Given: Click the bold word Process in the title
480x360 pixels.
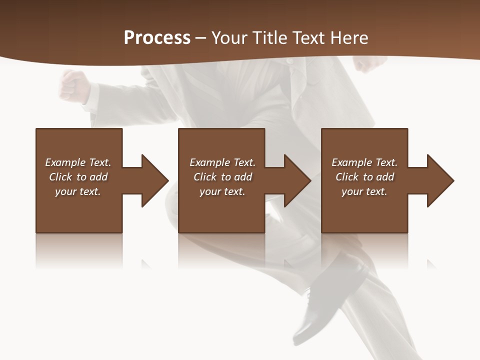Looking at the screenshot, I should click(x=157, y=38).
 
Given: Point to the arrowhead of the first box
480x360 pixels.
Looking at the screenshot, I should click(x=155, y=180).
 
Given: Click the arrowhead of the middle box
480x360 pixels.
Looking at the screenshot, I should click(x=298, y=180).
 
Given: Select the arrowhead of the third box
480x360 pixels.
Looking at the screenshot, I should click(x=440, y=180).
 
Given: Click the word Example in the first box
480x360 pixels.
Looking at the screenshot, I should click(x=65, y=162).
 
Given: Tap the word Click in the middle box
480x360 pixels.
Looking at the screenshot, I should click(x=204, y=177).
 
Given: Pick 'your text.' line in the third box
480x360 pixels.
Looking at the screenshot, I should click(x=364, y=191).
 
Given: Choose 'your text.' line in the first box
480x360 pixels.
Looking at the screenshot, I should click(x=78, y=191).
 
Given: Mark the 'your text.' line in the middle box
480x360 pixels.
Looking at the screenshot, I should click(x=222, y=191).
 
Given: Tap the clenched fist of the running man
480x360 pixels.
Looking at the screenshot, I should click(x=73, y=85).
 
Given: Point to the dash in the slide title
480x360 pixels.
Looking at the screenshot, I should click(x=201, y=38).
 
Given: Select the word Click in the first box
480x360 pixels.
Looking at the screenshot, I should click(x=60, y=177).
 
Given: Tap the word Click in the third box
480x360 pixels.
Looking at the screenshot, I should click(x=347, y=177).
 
